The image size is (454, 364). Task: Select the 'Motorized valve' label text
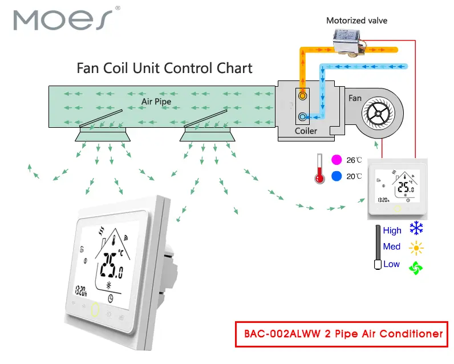click(356, 21)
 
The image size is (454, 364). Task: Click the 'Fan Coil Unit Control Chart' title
click(164, 68)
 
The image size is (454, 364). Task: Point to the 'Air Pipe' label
click(156, 102)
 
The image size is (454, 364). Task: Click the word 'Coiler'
click(306, 131)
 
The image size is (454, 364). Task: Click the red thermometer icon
click(318, 169)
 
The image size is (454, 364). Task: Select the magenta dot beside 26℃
click(336, 160)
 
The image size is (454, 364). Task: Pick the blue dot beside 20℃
click(336, 176)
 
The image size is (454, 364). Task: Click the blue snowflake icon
click(417, 230)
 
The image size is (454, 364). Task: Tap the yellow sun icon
click(417, 248)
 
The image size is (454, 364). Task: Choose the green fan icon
click(417, 266)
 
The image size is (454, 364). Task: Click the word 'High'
click(392, 230)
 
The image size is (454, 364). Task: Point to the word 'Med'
click(392, 246)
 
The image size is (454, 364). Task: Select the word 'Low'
click(391, 264)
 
